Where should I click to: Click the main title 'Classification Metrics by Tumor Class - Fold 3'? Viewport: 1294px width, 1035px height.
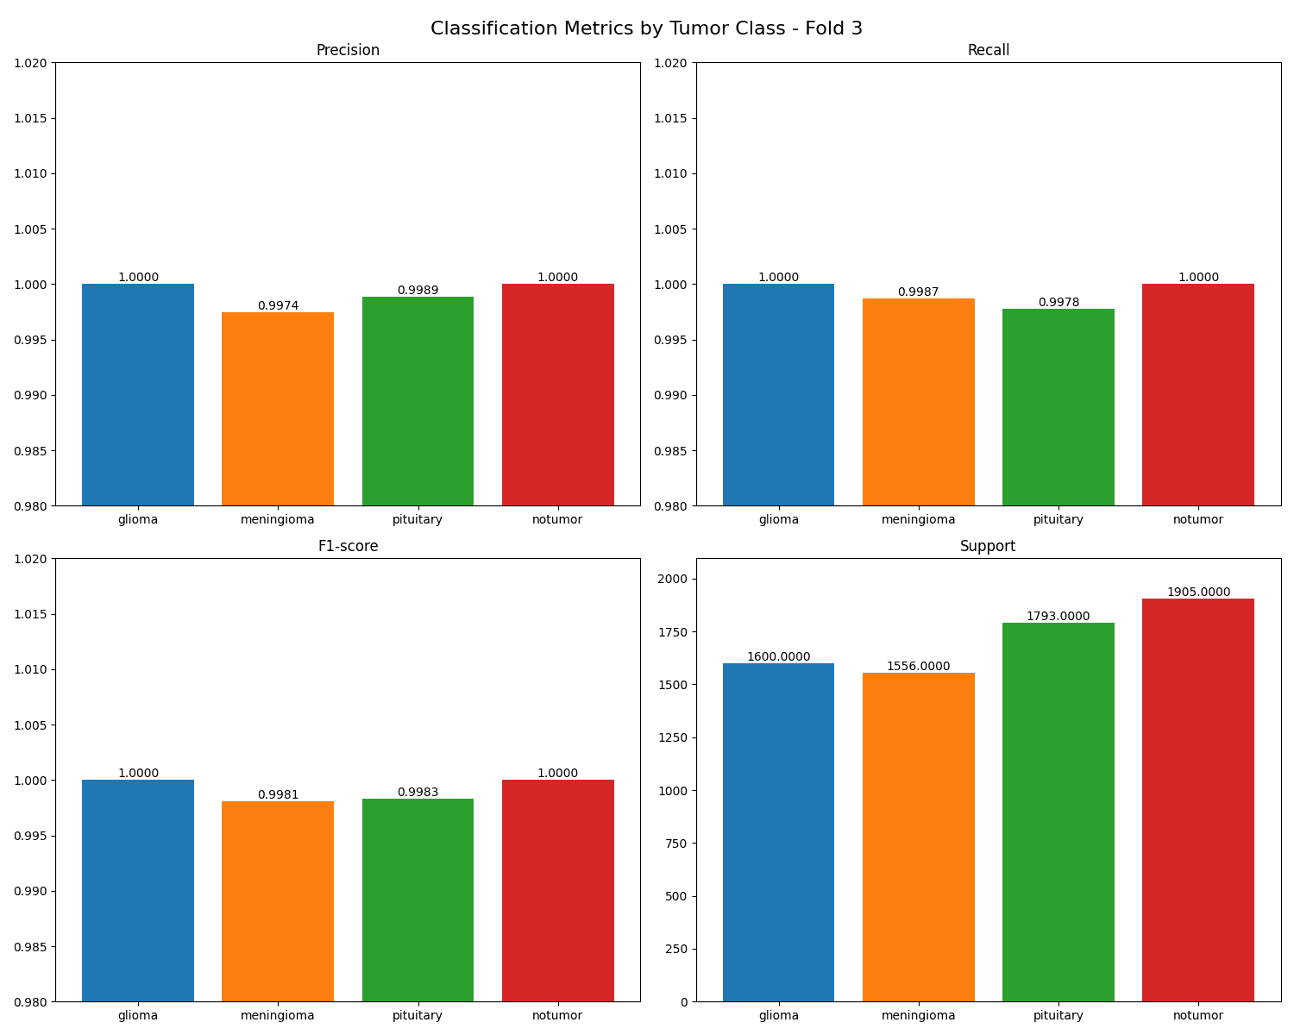(x=646, y=28)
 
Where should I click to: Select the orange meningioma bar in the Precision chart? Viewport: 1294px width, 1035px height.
(x=278, y=409)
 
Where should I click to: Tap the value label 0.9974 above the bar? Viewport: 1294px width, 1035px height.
(x=278, y=305)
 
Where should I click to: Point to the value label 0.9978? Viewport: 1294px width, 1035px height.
(x=1058, y=302)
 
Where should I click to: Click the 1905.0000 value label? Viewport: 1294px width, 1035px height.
(x=1197, y=592)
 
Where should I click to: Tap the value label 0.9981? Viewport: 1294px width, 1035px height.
(x=278, y=794)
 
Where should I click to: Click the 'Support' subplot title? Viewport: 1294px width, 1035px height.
(x=988, y=546)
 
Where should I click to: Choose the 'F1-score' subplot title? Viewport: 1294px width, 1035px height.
(x=348, y=546)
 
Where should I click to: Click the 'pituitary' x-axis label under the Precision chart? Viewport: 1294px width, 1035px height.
(x=418, y=519)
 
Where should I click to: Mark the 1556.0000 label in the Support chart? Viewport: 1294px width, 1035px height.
(x=918, y=666)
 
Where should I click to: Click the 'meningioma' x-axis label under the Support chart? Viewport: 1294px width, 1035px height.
(x=918, y=1015)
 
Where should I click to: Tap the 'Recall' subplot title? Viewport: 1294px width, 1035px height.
(x=988, y=50)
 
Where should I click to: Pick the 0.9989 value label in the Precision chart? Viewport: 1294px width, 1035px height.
(x=418, y=290)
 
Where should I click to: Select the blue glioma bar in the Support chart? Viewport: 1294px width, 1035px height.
(x=778, y=832)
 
